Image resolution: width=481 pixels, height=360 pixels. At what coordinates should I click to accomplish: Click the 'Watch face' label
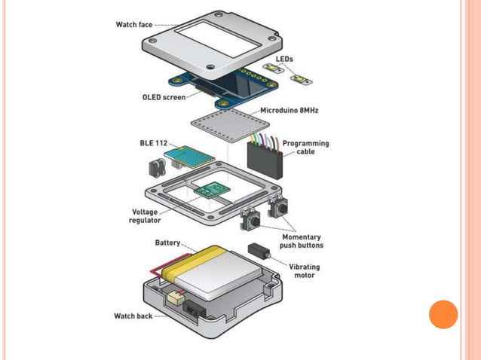click(133, 24)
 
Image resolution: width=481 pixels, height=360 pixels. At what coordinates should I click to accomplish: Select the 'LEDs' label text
click(285, 58)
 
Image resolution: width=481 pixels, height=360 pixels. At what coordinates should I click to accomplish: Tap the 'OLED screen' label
click(164, 97)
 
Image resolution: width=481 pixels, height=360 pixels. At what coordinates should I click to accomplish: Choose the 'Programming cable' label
click(305, 147)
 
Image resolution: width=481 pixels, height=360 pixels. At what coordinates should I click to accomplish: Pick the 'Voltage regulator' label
click(144, 216)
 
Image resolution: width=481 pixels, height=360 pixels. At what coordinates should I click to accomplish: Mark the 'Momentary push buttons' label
click(302, 241)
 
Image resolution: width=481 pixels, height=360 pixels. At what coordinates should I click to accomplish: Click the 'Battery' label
click(167, 243)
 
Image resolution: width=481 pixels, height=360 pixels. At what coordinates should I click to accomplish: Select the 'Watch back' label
click(133, 316)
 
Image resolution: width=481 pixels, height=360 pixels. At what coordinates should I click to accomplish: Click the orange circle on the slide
click(443, 314)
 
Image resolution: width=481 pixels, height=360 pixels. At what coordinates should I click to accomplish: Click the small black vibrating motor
click(258, 251)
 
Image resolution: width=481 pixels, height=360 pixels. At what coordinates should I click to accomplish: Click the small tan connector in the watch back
click(176, 297)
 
